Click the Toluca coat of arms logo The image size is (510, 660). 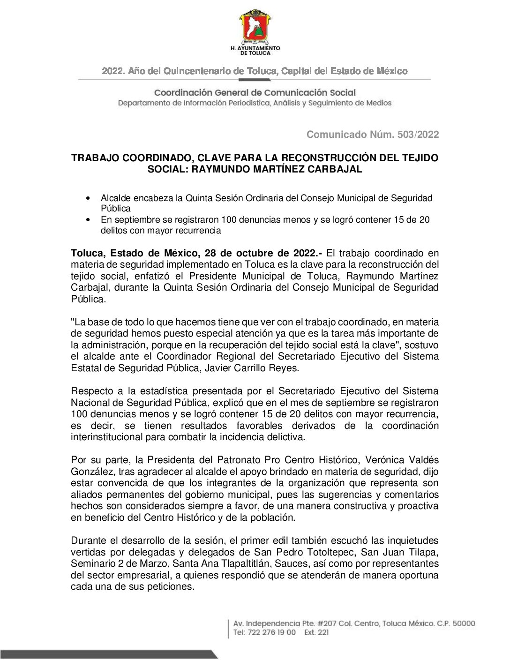[x=255, y=27]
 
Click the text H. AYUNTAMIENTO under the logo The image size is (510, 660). [x=255, y=48]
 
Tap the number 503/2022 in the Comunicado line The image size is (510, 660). [x=418, y=135]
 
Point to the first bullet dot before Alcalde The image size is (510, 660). [x=88, y=199]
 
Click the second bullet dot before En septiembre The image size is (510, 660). [x=88, y=220]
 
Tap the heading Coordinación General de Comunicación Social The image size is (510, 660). [x=255, y=93]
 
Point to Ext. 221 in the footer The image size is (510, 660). [x=316, y=632]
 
